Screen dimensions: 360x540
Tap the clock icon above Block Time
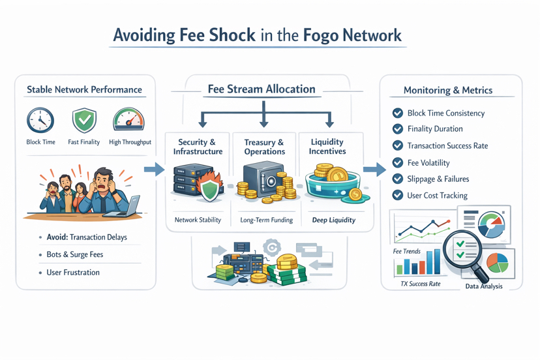coord(40,121)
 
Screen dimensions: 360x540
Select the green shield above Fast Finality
coord(84,120)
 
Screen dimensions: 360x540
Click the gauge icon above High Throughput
coord(129,119)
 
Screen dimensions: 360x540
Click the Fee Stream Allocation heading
coord(262,89)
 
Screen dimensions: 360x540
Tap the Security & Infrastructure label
coord(198,147)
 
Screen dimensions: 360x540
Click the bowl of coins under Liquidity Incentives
coord(333,183)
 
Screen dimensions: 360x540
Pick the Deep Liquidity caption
coord(333,220)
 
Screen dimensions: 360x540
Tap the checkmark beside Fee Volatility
coord(397,162)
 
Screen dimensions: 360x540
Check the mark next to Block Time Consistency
coord(397,113)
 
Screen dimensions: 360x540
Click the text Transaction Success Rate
coord(447,145)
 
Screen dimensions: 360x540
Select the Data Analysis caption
coord(483,286)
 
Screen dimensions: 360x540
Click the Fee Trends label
coord(406,251)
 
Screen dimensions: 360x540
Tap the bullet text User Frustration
coord(73,272)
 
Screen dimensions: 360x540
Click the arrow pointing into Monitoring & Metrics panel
coord(374,170)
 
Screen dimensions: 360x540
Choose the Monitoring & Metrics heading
coord(447,91)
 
